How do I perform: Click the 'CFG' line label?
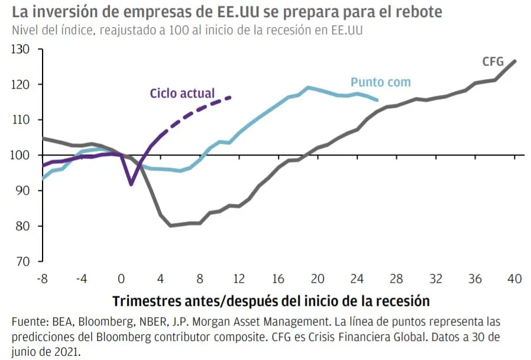tap(493, 61)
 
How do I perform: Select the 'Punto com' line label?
tap(380, 82)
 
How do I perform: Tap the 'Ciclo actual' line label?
tap(182, 93)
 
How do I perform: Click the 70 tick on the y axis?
tap(22, 261)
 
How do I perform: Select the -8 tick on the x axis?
tap(42, 279)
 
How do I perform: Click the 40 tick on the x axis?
tap(515, 279)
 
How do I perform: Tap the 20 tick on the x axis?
tap(318, 279)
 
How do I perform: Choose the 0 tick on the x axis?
tap(121, 279)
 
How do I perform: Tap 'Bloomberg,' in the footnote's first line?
tap(96, 323)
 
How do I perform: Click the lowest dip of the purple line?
tap(131, 184)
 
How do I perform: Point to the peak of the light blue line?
tap(308, 87)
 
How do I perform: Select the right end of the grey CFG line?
tap(515, 61)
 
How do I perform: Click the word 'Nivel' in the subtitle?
tap(24, 30)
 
